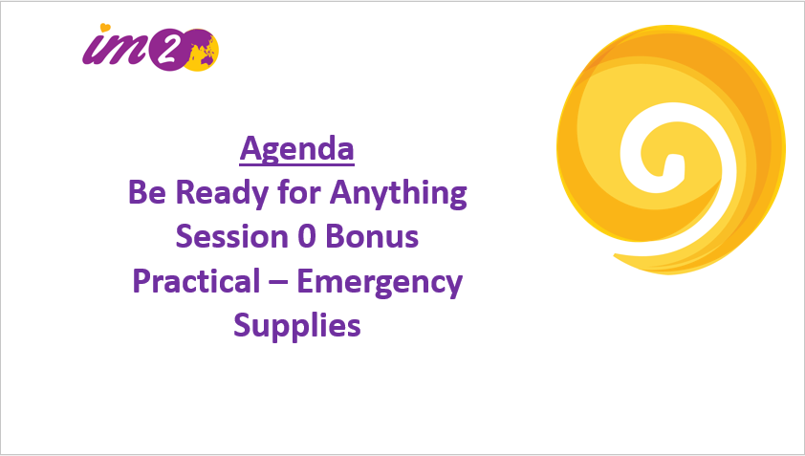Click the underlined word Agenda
296,150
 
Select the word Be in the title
147,192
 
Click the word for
299,191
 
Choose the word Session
231,237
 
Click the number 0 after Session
307,237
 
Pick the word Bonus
372,237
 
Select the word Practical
197,281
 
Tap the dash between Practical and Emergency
278,283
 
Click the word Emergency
380,283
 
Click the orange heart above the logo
105,27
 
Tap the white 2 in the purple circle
169,50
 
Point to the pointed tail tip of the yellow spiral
615,254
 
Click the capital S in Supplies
242,326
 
